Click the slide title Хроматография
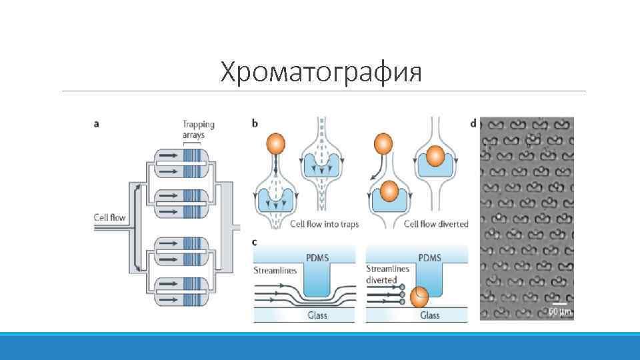coord(321,72)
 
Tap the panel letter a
coord(98,124)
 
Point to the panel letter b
coord(256,123)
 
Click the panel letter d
coord(473,123)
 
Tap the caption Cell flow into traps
coord(324,224)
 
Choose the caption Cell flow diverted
coord(436,224)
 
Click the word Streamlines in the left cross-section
coord(275,271)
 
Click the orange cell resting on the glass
coord(419,297)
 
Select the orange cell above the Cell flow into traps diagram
coord(275,144)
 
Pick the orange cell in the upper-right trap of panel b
coord(435,156)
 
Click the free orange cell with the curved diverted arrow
coord(383,143)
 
